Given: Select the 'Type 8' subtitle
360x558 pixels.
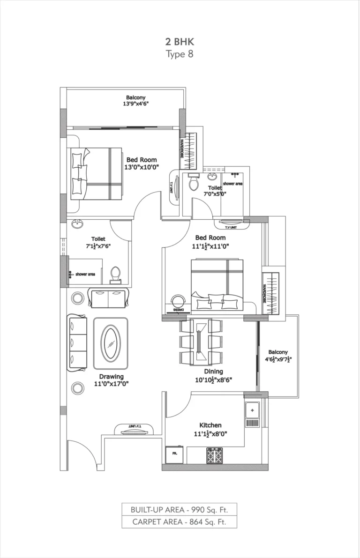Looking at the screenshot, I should pyautogui.click(x=180, y=54).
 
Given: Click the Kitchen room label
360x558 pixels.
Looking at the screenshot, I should pyautogui.click(x=210, y=425).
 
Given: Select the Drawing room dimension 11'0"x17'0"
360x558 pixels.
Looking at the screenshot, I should pyautogui.click(x=111, y=384).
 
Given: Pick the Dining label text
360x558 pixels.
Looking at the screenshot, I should pyautogui.click(x=213, y=372).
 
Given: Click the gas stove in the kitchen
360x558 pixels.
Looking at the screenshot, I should pyautogui.click(x=214, y=455).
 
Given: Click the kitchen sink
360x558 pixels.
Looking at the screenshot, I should pyautogui.click(x=252, y=410).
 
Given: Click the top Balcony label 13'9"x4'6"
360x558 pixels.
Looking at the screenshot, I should pyautogui.click(x=135, y=101).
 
